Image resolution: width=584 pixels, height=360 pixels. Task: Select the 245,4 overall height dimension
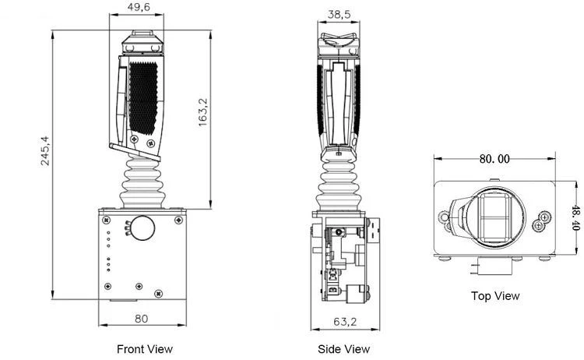pos(44,151)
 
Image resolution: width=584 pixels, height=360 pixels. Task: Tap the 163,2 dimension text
pos(202,112)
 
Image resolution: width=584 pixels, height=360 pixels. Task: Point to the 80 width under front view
pos(142,319)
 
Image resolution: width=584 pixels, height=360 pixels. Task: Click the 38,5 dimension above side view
pos(339,14)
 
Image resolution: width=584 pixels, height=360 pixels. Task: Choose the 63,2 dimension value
pos(345,321)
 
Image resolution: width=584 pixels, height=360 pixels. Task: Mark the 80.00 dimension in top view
pos(494,159)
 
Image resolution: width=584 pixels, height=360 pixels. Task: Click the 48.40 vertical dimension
pos(575,217)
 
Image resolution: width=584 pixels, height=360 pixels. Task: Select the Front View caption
pos(145,349)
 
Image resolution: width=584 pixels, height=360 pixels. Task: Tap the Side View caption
pos(343,349)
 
